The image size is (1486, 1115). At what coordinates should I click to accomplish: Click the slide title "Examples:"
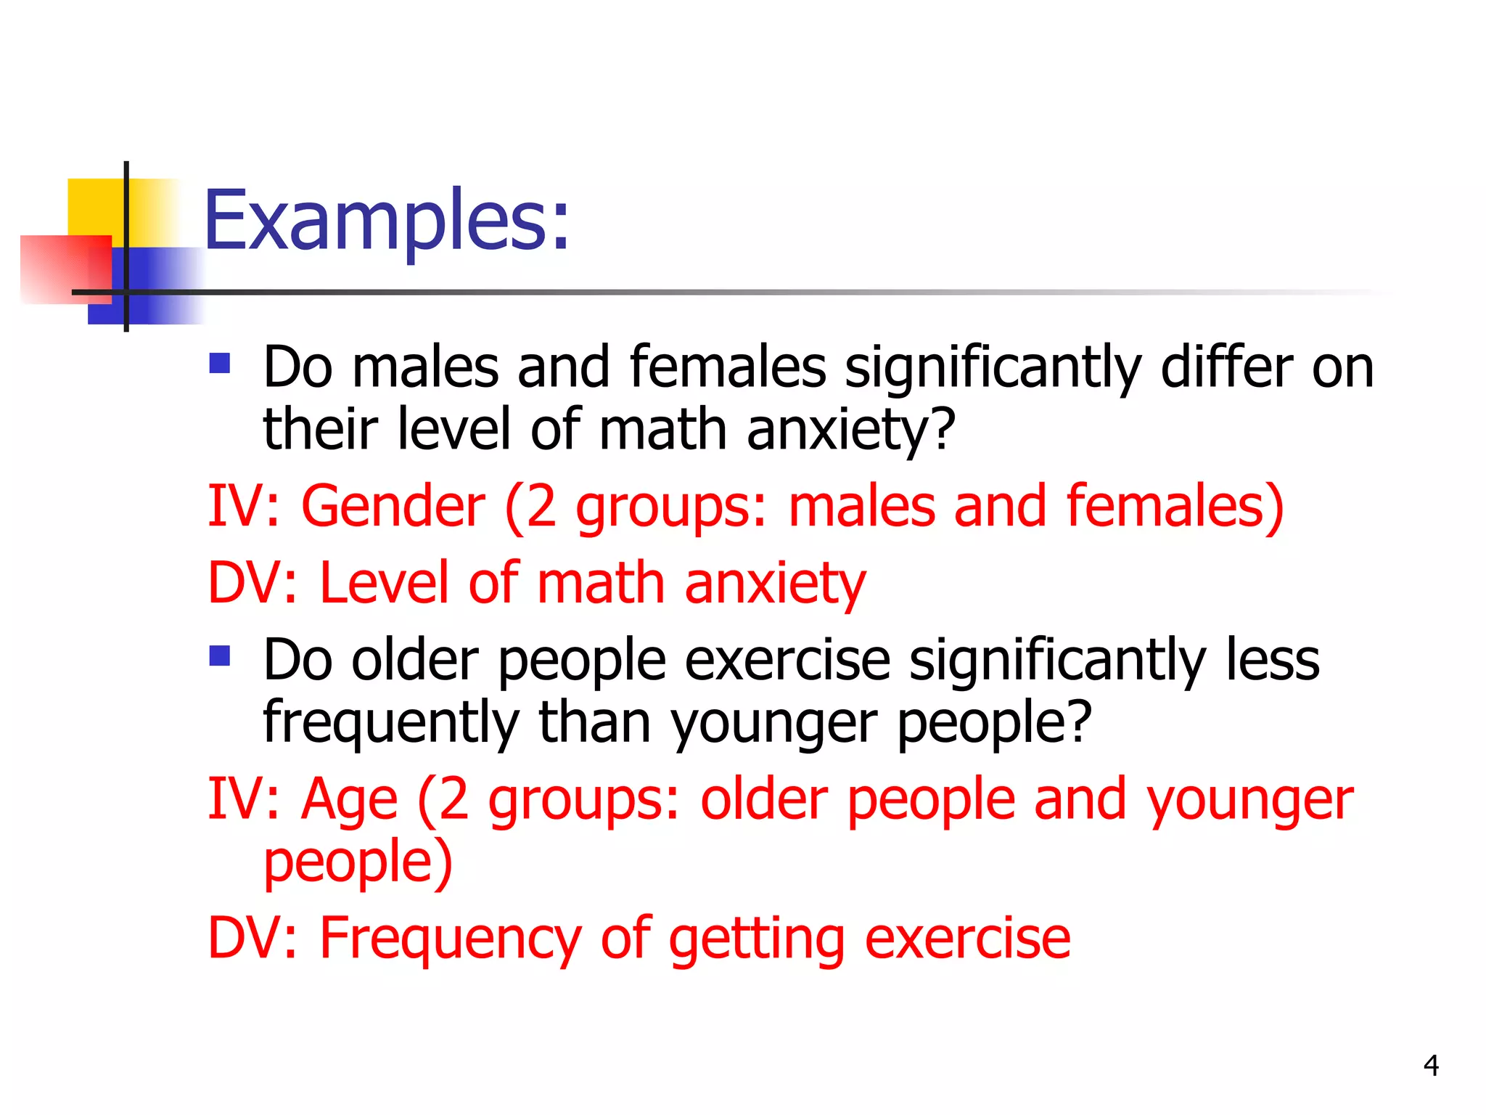[387, 220]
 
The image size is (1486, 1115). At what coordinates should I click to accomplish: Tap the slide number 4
[1431, 1065]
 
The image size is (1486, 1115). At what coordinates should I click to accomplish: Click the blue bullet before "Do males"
[219, 363]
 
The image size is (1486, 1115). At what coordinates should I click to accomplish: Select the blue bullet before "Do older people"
[219, 655]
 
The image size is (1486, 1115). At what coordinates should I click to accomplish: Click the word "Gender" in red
[393, 506]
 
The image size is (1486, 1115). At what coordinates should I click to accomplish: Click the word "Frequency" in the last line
[451, 938]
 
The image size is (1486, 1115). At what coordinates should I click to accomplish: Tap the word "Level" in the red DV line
[385, 582]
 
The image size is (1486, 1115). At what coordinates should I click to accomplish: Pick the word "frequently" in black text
[390, 723]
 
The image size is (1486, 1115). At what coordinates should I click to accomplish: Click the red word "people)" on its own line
[358, 862]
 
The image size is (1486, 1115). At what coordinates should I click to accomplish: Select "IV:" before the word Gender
[244, 506]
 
